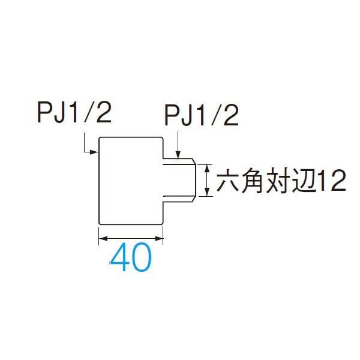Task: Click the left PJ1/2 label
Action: tap(74, 113)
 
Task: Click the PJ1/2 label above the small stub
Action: tap(202, 115)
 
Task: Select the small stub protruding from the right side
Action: tap(179, 180)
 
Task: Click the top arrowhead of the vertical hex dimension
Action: tap(207, 169)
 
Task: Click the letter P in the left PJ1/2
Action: tap(44, 113)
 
